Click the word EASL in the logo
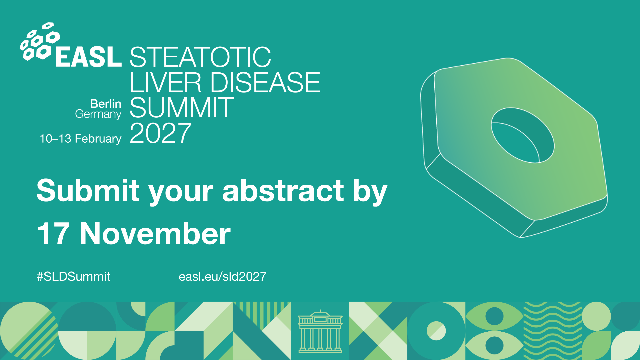click(88, 57)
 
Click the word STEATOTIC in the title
click(200, 57)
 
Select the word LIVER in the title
click(165, 82)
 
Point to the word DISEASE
click(265, 82)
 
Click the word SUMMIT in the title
click(182, 108)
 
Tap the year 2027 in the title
click(161, 133)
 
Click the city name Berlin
click(106, 104)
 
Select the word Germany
click(98, 114)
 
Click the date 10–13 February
click(80, 139)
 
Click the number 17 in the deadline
click(53, 234)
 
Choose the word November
click(155, 234)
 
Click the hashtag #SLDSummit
click(73, 276)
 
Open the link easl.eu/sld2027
click(222, 276)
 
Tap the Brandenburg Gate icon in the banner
click(320, 331)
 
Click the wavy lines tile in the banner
click(552, 331)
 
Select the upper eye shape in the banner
click(494, 316)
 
